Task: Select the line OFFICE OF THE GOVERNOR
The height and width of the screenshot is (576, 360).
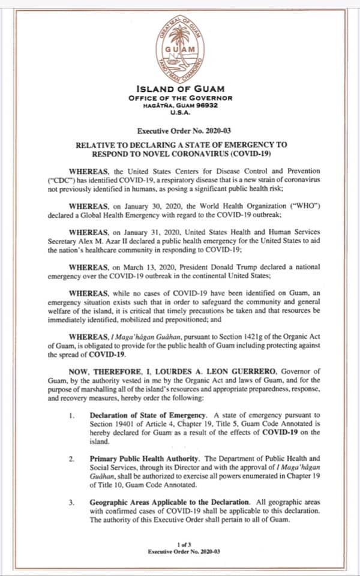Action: pyautogui.click(x=180, y=98)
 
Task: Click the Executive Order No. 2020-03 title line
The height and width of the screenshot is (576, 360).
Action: pyautogui.click(x=180, y=130)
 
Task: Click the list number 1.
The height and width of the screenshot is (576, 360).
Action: pyautogui.click(x=71, y=415)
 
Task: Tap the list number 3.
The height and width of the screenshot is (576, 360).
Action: pyautogui.click(x=71, y=501)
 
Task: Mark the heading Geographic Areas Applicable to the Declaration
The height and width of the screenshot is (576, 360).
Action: pyautogui.click(x=170, y=501)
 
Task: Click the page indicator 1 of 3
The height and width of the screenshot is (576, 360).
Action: pyautogui.click(x=180, y=544)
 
